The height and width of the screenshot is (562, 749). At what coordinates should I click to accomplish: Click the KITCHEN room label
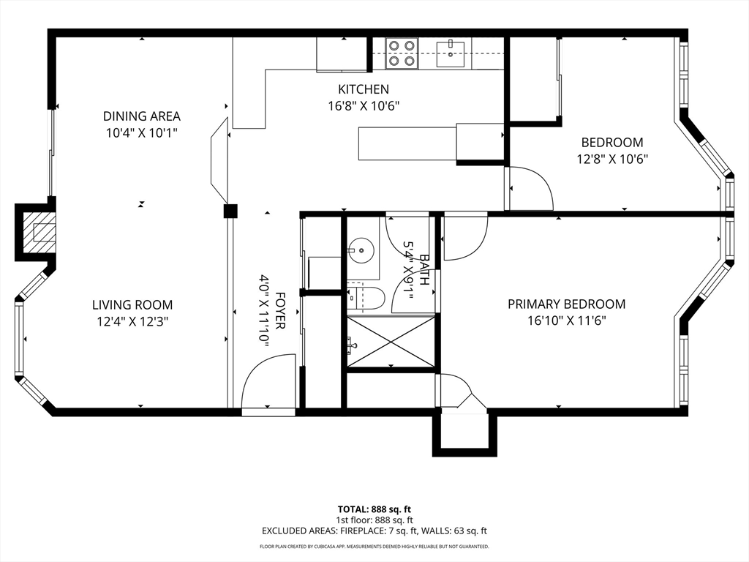[364, 89]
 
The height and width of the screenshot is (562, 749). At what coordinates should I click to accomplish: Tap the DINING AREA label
[142, 116]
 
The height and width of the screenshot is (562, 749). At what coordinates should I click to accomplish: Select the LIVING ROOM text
[132, 305]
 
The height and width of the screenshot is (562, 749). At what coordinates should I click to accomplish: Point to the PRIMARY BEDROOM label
[567, 304]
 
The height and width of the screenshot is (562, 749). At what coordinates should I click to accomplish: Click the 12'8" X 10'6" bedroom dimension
[612, 159]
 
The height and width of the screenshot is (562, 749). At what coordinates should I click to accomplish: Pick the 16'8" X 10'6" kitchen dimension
[364, 105]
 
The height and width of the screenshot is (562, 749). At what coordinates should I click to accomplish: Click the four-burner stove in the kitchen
[402, 53]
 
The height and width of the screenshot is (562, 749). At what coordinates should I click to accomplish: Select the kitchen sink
[450, 53]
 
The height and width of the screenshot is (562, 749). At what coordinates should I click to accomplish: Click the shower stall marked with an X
[391, 341]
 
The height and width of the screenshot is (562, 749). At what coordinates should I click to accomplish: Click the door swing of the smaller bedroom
[531, 188]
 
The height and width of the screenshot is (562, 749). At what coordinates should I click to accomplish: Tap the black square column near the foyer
[230, 211]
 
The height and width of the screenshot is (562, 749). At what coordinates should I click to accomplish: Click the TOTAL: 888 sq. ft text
[374, 509]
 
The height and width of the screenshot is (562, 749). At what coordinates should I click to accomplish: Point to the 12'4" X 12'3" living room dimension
[132, 322]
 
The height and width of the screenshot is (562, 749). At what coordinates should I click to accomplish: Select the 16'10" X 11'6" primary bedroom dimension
[567, 321]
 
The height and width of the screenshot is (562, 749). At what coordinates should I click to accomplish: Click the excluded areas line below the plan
[374, 531]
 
